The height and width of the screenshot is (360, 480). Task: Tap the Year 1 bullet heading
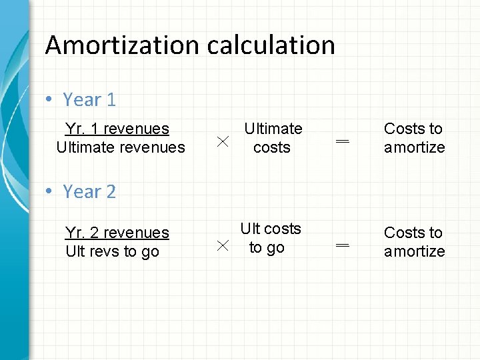[x=89, y=100]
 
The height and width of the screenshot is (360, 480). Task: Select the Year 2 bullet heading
[x=89, y=192]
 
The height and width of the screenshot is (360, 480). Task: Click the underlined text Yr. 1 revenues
[x=117, y=129]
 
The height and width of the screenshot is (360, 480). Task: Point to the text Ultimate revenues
[x=121, y=147]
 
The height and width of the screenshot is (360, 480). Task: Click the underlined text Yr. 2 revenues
[x=117, y=233]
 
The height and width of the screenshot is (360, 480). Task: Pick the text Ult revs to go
[x=112, y=251]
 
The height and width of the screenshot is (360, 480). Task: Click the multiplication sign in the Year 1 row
[x=223, y=141]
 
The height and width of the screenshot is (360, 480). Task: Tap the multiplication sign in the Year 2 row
[x=223, y=245]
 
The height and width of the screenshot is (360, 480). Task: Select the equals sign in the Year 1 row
[x=343, y=141]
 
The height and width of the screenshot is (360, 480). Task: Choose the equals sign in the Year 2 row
[x=343, y=245]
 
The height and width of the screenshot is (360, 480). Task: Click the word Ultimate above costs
[x=273, y=129]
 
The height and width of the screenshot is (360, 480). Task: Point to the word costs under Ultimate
[x=272, y=147]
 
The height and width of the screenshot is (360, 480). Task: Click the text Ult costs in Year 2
[x=271, y=229]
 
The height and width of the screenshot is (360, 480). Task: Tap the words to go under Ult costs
[x=267, y=247]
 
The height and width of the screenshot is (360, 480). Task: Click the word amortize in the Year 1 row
[x=414, y=147]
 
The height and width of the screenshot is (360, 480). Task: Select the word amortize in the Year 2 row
[x=414, y=251]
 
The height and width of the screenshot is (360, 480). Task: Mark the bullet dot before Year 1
[x=49, y=100]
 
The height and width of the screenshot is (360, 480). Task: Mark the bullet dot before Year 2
[x=49, y=192]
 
